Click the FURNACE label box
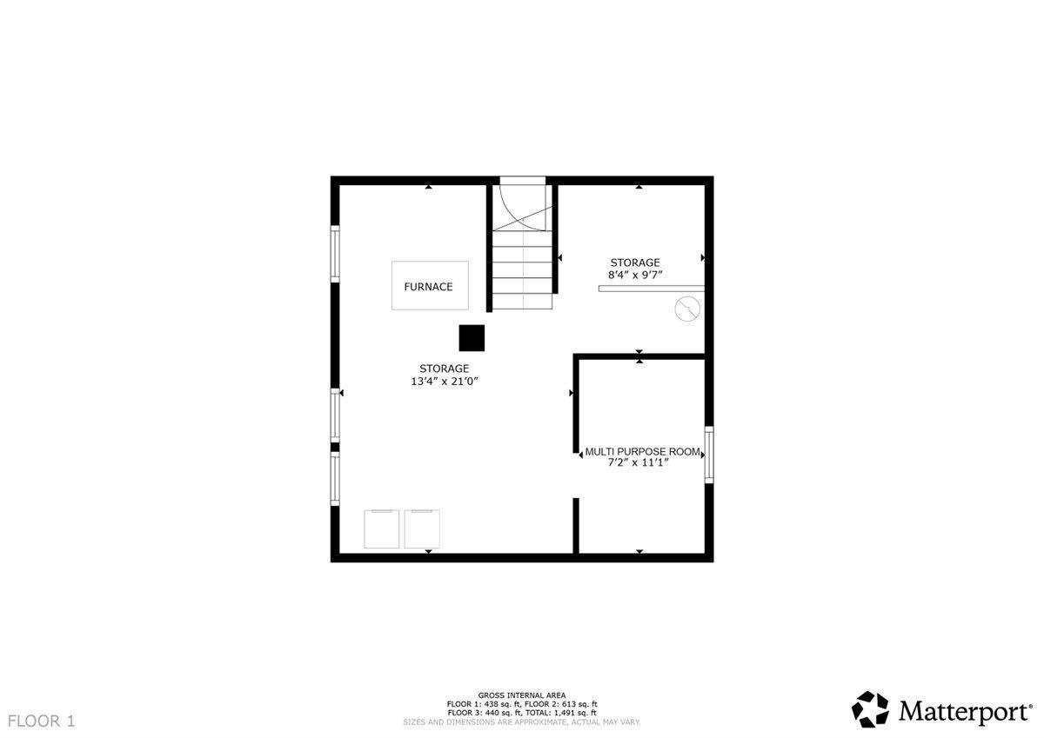429,286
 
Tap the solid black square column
472,337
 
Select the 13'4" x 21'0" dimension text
444,381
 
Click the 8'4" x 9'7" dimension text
635,275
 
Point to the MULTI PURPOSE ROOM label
642,452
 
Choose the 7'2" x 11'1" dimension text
642,463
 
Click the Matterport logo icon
870,709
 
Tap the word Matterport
964,711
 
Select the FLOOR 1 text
42,721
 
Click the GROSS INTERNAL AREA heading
522,695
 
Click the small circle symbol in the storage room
688,308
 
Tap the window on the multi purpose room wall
709,454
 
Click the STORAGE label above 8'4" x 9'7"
635,263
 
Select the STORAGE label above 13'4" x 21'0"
444,369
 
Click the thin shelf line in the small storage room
651,289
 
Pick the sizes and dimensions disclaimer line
522,722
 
